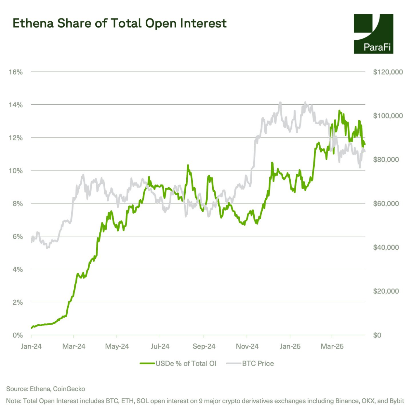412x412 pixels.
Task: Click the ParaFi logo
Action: pos(373,34)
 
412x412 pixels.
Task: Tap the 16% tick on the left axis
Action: pos(16,72)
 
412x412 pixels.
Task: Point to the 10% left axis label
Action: pos(16,171)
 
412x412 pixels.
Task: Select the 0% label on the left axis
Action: pos(18,335)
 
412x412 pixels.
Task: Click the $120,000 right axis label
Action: pos(388,72)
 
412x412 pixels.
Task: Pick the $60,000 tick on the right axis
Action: pos(386,204)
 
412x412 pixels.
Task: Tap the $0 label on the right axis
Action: pos(377,335)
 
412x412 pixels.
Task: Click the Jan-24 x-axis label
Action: pos(31,346)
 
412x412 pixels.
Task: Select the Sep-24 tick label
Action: pos(204,346)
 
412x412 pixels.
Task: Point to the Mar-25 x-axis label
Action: pos(332,346)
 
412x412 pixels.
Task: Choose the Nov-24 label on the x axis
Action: pos(247,346)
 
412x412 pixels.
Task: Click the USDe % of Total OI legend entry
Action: pos(178,364)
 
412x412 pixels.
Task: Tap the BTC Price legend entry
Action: pos(250,364)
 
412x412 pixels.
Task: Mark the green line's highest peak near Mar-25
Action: pos(339,111)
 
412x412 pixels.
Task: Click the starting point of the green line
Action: pos(32,328)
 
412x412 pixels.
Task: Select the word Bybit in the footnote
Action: pos(396,401)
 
